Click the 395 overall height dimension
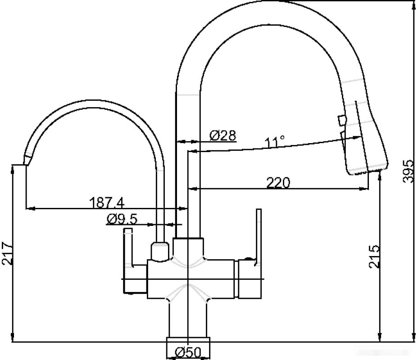pyautogui.click(x=408, y=171)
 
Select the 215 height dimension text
pyautogui.click(x=374, y=256)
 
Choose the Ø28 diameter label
pyautogui.click(x=223, y=135)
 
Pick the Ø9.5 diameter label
pyautogui.click(x=122, y=219)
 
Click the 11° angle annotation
pyautogui.click(x=274, y=142)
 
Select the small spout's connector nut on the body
pyautogui.click(x=159, y=252)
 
